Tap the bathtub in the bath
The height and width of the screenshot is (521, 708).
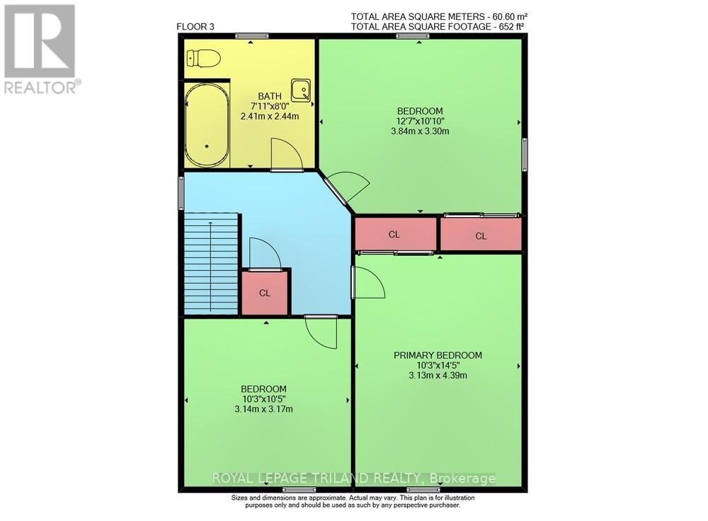click(207, 125)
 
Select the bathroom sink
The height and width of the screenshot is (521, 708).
click(302, 90)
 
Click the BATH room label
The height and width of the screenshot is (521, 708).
click(269, 96)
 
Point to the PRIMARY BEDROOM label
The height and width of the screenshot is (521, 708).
click(438, 355)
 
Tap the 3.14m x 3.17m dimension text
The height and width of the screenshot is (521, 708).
click(263, 409)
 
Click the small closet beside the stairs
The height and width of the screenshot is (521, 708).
click(264, 293)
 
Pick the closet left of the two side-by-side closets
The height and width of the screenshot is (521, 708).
click(395, 234)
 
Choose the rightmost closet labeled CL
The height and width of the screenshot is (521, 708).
click(481, 235)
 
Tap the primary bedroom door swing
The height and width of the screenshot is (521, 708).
click(368, 283)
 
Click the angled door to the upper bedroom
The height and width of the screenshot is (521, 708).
click(350, 187)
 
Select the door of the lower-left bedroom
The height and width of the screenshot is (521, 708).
click(321, 332)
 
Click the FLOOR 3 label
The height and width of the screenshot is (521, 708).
click(195, 28)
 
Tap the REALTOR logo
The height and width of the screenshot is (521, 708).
click(40, 49)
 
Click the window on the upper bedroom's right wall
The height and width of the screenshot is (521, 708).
click(525, 153)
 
